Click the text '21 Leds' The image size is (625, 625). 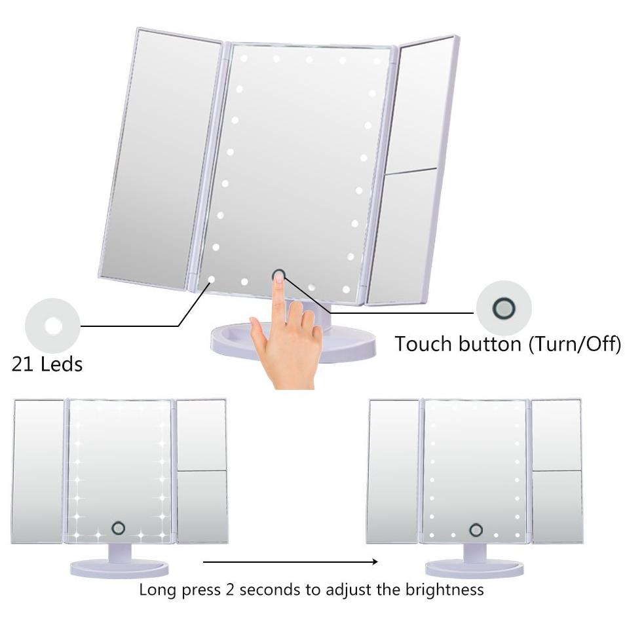(47, 364)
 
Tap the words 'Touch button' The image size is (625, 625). (458, 343)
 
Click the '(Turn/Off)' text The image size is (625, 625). (575, 343)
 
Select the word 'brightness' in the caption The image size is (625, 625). (444, 589)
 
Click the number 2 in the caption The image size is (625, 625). (230, 590)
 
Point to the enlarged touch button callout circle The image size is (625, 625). (504, 308)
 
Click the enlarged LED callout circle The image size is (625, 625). (52, 326)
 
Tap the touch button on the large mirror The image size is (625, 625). (278, 275)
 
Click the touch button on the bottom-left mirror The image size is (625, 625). (118, 528)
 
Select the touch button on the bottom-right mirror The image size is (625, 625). (476, 530)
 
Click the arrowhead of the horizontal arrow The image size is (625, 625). (374, 561)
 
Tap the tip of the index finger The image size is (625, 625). (278, 278)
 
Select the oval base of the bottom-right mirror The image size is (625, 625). (474, 569)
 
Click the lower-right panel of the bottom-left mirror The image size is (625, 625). (202, 506)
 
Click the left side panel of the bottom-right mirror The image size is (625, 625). (392, 472)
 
